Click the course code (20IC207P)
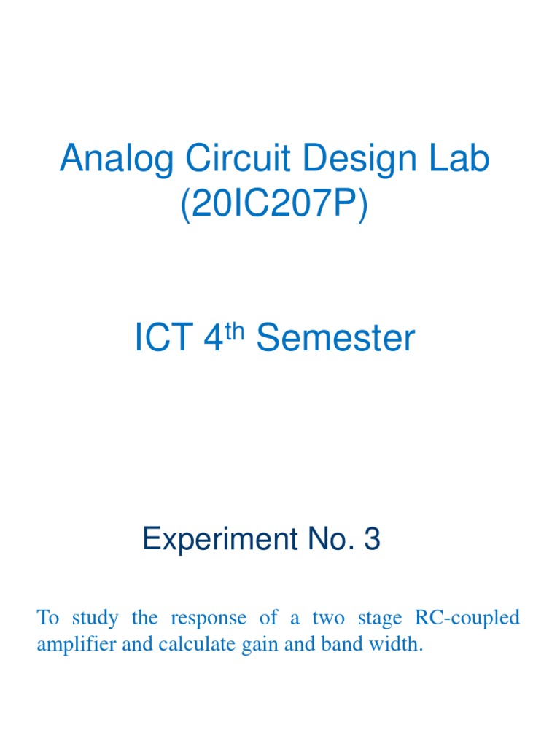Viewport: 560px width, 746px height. [x=274, y=205]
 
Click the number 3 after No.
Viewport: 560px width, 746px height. [x=372, y=540]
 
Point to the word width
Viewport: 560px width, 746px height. [x=400, y=645]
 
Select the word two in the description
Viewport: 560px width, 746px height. [x=328, y=619]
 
